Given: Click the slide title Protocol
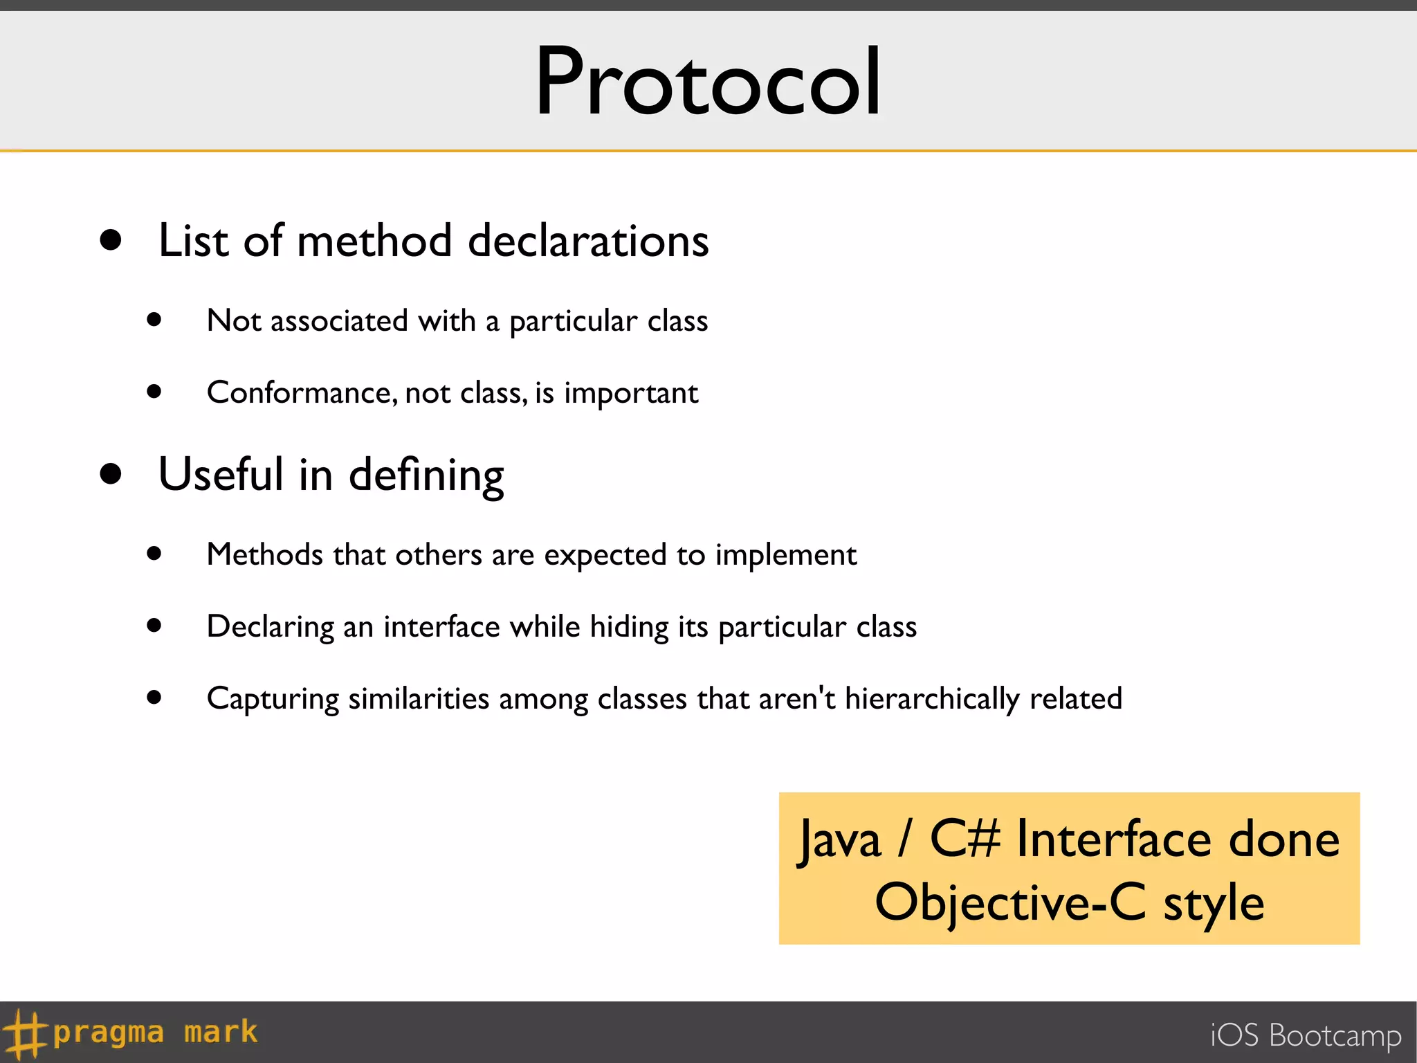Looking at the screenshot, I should [708, 82].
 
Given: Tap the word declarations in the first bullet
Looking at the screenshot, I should [588, 241].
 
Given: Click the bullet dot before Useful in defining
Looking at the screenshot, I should [111, 474].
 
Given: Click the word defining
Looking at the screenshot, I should [426, 476].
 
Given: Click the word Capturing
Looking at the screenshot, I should [273, 699].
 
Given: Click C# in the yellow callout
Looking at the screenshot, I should [965, 839].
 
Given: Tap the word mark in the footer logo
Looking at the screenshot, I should [221, 1032].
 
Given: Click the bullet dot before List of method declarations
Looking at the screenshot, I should [111, 240].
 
